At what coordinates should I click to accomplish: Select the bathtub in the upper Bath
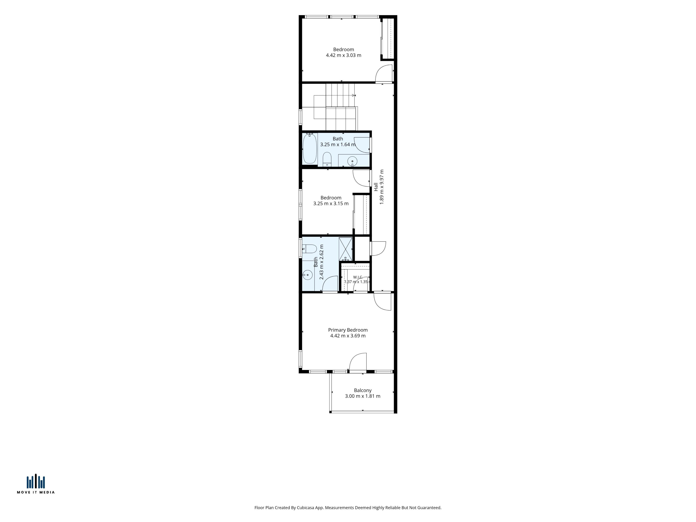[x=310, y=148]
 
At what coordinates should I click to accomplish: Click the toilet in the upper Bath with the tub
[x=327, y=159]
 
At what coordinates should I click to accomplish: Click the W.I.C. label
[x=358, y=277]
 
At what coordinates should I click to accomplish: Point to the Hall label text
[x=376, y=187]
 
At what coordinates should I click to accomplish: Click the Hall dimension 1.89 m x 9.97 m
[x=382, y=187]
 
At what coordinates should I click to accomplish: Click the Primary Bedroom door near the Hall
[x=382, y=301]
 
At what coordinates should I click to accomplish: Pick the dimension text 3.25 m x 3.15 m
[x=331, y=204]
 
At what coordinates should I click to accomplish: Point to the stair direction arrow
[x=354, y=95]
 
